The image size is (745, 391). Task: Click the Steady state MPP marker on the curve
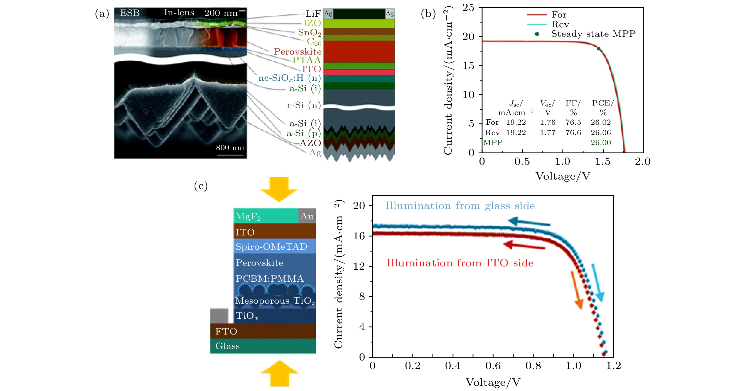pyautogui.click(x=598, y=49)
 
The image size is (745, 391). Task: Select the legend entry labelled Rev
pyautogui.click(x=560, y=24)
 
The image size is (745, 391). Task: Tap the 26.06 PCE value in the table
pyautogui.click(x=601, y=132)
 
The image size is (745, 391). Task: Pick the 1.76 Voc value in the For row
pyautogui.click(x=547, y=122)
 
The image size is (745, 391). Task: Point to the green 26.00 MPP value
pyautogui.click(x=601, y=142)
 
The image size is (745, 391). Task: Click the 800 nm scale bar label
pyautogui.click(x=230, y=148)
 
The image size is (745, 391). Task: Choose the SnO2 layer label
pyautogui.click(x=309, y=33)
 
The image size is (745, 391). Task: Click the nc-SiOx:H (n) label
pyautogui.click(x=289, y=78)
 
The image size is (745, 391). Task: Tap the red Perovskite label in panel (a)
pyautogui.click(x=297, y=52)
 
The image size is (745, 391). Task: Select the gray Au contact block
pyautogui.click(x=307, y=216)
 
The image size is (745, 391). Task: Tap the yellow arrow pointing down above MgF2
pyautogui.click(x=279, y=189)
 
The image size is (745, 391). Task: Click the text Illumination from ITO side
pyautogui.click(x=460, y=263)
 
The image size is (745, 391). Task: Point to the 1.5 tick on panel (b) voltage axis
pyautogui.click(x=603, y=162)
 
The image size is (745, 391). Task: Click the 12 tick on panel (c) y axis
pyautogui.click(x=359, y=266)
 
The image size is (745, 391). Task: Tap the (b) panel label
pyautogui.click(x=428, y=14)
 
